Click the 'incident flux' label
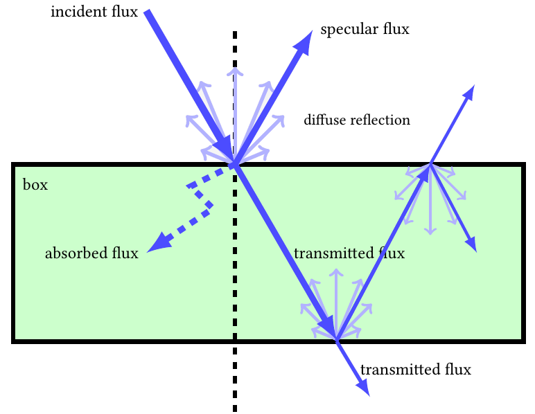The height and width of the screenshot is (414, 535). point(94,12)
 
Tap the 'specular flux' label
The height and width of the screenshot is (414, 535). point(365,30)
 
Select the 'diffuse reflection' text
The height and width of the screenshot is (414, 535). point(357,120)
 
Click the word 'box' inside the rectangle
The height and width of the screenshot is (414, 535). point(35,186)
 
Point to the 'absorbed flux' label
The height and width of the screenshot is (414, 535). point(91,253)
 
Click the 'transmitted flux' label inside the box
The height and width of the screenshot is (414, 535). point(349,253)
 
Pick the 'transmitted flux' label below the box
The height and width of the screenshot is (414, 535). point(416,370)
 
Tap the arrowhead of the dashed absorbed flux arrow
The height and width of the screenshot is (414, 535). point(156,244)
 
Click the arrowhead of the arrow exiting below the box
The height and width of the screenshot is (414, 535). point(365,391)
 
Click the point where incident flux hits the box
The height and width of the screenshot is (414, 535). point(235,164)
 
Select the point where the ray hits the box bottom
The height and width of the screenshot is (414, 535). point(336,339)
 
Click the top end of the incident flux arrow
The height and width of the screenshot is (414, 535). point(147,12)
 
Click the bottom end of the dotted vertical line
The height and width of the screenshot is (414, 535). point(235,410)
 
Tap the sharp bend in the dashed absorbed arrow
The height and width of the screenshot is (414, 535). point(211,204)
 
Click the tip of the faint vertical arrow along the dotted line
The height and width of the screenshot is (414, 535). point(236,69)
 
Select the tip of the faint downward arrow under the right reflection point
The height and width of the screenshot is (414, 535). point(430,232)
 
